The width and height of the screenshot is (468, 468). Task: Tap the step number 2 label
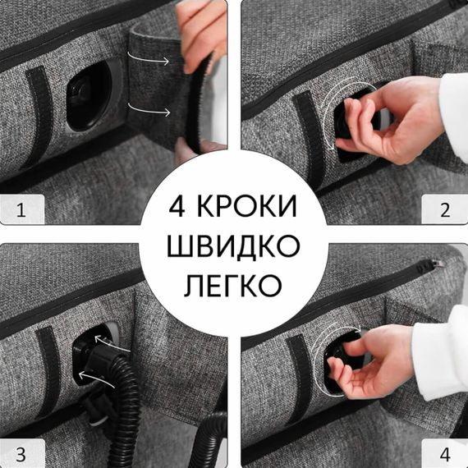click(x=445, y=210)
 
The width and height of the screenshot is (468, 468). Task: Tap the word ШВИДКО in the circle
click(x=234, y=244)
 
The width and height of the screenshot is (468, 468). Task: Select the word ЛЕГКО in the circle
click(x=234, y=284)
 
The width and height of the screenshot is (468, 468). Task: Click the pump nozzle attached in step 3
click(x=95, y=361)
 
